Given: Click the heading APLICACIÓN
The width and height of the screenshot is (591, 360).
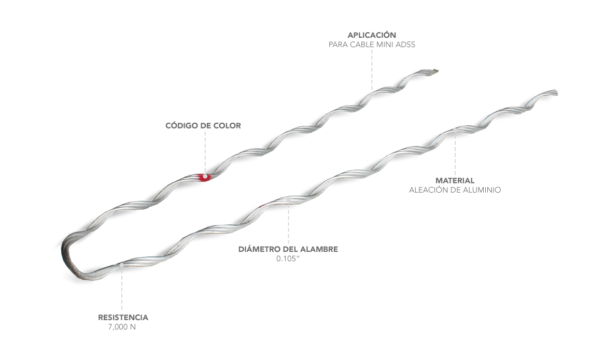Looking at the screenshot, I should pyautogui.click(x=372, y=35).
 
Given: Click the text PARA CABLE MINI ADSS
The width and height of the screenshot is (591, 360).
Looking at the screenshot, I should pyautogui.click(x=372, y=45).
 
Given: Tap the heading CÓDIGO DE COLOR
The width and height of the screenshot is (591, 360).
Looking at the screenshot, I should pyautogui.click(x=203, y=125).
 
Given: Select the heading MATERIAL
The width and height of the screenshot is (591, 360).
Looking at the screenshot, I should pyautogui.click(x=455, y=180).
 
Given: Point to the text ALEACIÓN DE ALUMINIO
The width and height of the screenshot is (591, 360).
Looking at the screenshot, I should pyautogui.click(x=455, y=190).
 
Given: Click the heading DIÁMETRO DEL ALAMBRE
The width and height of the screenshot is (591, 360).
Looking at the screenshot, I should pyautogui.click(x=288, y=249).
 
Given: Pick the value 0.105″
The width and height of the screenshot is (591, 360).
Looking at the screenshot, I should pyautogui.click(x=288, y=258).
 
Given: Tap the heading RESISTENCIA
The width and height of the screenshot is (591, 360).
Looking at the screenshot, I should pyautogui.click(x=123, y=318).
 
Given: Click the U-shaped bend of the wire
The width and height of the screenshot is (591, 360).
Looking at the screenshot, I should pyautogui.click(x=67, y=254).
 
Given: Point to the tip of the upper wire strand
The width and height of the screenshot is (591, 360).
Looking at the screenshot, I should pyautogui.click(x=435, y=70).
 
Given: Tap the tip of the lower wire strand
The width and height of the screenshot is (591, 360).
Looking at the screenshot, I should pyautogui.click(x=555, y=93).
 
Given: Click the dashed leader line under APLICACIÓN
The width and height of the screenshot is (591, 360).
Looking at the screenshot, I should pyautogui.click(x=372, y=70).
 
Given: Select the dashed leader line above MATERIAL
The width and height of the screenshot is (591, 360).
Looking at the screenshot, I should pyautogui.click(x=455, y=153).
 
